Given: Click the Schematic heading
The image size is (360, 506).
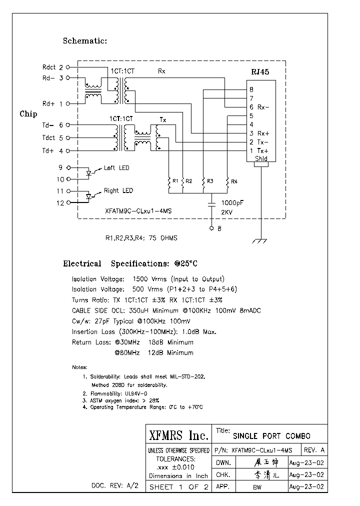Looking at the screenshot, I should coord(85,41).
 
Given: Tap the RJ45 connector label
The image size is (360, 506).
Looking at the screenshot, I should coord(260,72).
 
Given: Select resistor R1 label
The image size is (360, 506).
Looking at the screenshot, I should coord(175,180).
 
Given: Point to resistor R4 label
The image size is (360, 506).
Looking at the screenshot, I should coord(234,180).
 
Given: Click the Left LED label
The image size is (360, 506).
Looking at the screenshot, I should coord(116,168).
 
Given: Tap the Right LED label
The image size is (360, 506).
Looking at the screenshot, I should coord(118,190).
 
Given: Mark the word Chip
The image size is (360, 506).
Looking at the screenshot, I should coord(28,114).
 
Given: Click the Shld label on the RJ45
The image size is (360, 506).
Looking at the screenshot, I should coord(261,159).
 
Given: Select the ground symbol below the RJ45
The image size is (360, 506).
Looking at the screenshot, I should coord(258,241).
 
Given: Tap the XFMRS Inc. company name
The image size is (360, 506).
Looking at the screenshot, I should coord(178,435).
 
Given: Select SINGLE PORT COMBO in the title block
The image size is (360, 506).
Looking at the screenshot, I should coord(272,436).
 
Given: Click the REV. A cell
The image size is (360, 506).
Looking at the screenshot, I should coord(314,449).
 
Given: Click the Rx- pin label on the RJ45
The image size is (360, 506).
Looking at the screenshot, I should coord(263,107).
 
